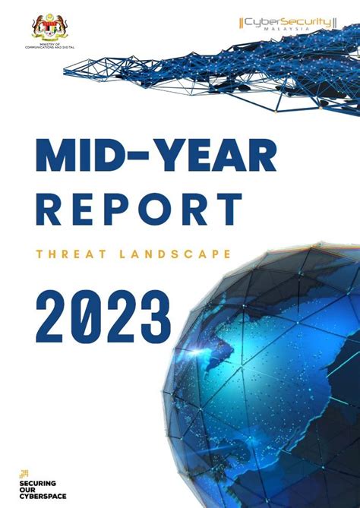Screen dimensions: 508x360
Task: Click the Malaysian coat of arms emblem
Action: tap(50, 28)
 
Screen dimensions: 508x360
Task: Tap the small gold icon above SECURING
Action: tap(24, 474)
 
